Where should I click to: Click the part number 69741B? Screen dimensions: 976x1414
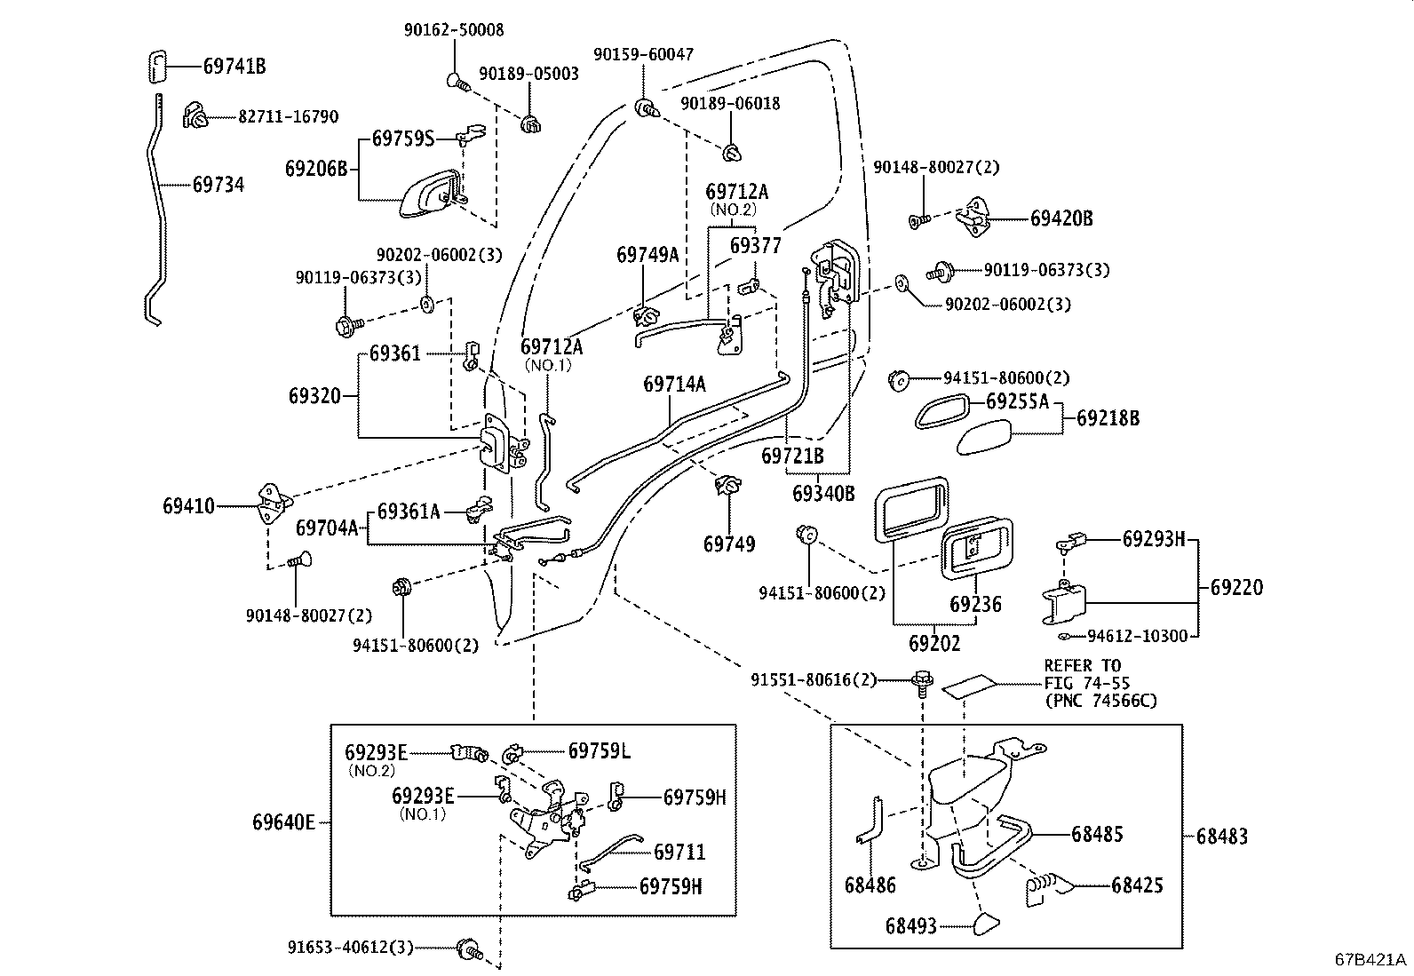(x=234, y=66)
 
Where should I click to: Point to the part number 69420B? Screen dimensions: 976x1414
(x=1061, y=218)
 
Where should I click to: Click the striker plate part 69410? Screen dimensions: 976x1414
(x=271, y=504)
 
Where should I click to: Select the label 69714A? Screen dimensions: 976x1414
(x=674, y=384)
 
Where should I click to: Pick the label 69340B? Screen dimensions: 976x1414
(x=823, y=493)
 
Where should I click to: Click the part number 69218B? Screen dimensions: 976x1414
(x=1108, y=417)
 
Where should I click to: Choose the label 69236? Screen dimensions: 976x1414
(x=975, y=605)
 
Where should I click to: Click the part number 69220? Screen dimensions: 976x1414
(x=1236, y=587)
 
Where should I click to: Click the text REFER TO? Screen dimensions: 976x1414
(x=1082, y=665)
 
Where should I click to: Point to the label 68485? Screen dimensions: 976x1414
(x=1097, y=834)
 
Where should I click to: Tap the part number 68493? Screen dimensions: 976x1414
(x=910, y=926)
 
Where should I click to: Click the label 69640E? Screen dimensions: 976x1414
(x=283, y=822)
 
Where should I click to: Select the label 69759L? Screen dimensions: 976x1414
(x=600, y=751)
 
